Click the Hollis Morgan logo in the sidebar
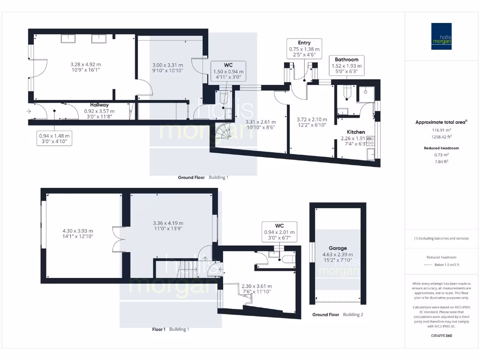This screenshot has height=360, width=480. coord(441,36)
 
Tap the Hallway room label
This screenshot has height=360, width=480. coord(99,105)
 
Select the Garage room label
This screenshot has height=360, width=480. coord(337,248)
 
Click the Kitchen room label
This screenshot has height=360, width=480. coord(356,132)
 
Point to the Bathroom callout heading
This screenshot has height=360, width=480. coord(346,60)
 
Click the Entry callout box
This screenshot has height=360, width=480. coord(304,49)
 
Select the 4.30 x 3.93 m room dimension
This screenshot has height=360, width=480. coord(78,231)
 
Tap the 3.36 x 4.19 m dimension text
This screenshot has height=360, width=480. coord(168,223)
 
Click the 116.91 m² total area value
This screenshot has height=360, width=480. coord(438,130)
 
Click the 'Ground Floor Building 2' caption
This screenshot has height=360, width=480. coord(337,315)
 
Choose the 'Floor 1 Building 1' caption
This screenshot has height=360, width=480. coord(171,329)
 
